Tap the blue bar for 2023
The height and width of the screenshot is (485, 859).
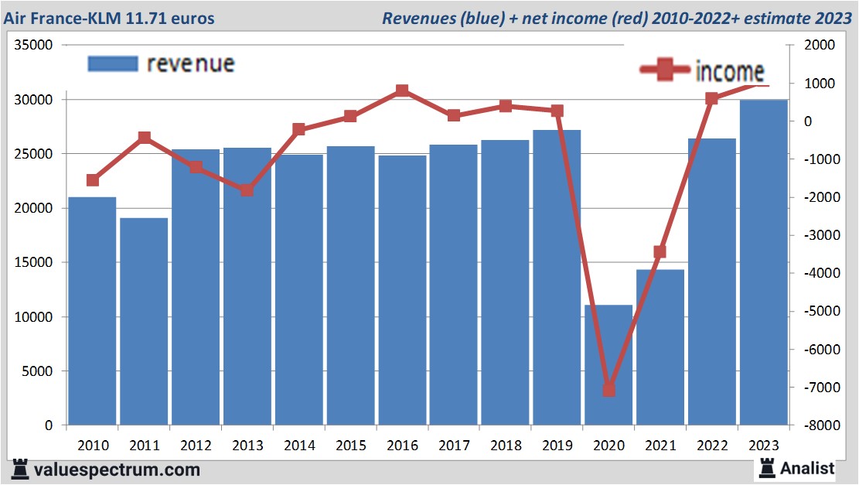[764, 263]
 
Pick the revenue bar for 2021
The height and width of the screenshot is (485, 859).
[660, 347]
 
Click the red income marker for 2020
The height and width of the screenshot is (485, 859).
[608, 389]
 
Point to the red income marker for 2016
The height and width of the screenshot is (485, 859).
[402, 91]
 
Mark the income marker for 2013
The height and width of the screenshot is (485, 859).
[247, 190]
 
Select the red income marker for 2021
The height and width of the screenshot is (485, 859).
[660, 251]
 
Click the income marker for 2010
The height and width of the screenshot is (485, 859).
[92, 180]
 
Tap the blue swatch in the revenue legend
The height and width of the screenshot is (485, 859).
[113, 63]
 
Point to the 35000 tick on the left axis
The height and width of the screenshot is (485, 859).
[35, 46]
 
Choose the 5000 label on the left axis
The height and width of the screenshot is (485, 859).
[38, 371]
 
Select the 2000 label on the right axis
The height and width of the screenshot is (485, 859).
[818, 46]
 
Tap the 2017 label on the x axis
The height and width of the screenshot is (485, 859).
[454, 446]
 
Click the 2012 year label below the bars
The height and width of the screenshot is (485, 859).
[196, 446]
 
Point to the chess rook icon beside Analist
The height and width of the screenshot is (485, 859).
[767, 466]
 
